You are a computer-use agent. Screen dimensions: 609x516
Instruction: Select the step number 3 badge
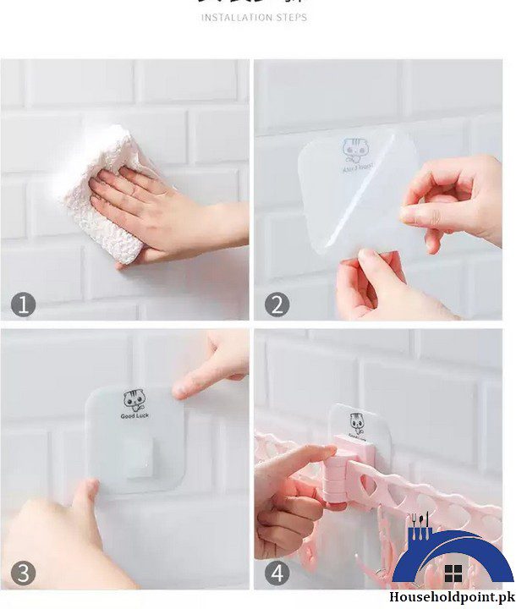click(x=24, y=573)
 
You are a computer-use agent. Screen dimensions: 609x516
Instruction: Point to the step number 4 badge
click(x=277, y=573)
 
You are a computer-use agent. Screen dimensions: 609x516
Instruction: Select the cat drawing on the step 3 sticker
click(x=133, y=399)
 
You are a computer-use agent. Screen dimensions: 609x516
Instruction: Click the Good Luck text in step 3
click(x=134, y=417)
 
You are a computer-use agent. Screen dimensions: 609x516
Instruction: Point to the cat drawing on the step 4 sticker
click(x=357, y=421)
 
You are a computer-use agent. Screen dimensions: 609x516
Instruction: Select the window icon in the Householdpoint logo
click(x=453, y=572)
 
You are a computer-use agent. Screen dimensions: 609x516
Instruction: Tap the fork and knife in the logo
click(x=420, y=526)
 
